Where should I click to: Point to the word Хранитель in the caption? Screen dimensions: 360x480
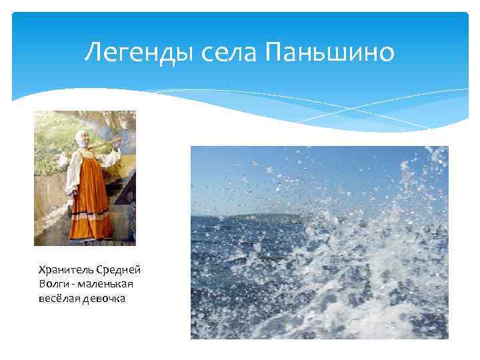click(65, 269)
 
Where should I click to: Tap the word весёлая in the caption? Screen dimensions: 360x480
click(59, 297)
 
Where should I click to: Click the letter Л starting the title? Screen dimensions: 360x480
click(93, 52)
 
